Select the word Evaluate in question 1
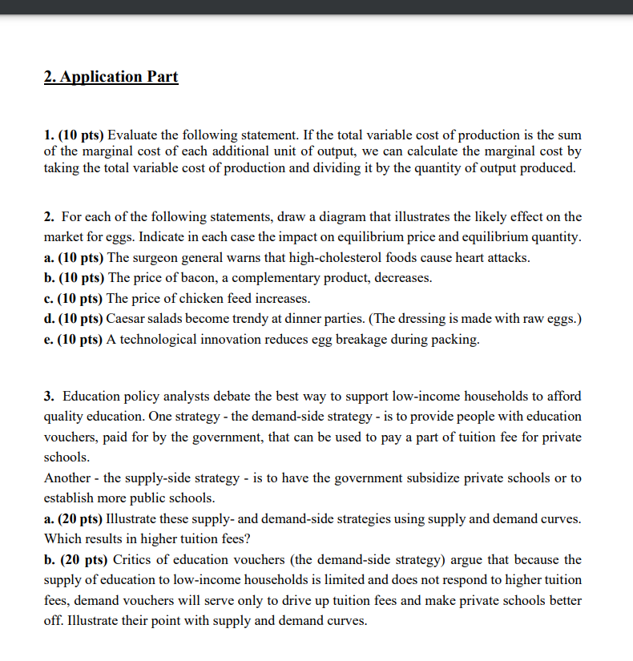(x=133, y=134)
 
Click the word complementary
(x=253, y=278)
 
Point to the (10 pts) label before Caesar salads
(x=81, y=319)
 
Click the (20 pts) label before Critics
(x=81, y=559)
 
